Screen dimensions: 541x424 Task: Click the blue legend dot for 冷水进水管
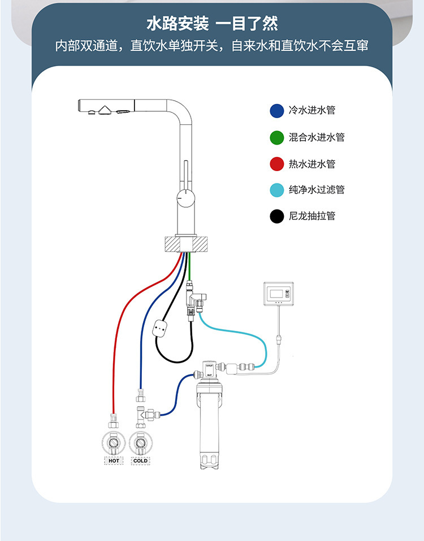pyautogui.click(x=276, y=111)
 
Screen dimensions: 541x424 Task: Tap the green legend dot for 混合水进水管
pyautogui.click(x=276, y=137)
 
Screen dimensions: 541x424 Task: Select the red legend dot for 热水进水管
pyautogui.click(x=276, y=164)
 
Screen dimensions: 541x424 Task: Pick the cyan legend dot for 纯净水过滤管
pyautogui.click(x=276, y=190)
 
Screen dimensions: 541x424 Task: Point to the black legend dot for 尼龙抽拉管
pyautogui.click(x=276, y=216)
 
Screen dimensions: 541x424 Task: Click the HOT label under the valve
pyautogui.click(x=114, y=461)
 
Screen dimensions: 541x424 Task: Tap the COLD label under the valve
pyautogui.click(x=140, y=461)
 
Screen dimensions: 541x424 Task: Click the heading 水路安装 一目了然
pyautogui.click(x=212, y=24)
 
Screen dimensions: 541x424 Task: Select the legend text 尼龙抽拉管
pyautogui.click(x=312, y=216)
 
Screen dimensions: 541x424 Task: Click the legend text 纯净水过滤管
pyautogui.click(x=317, y=190)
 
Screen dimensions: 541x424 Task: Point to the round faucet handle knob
pyautogui.click(x=184, y=199)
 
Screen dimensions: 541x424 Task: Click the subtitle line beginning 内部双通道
pyautogui.click(x=212, y=46)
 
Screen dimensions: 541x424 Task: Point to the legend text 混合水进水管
pyautogui.click(x=317, y=137)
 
